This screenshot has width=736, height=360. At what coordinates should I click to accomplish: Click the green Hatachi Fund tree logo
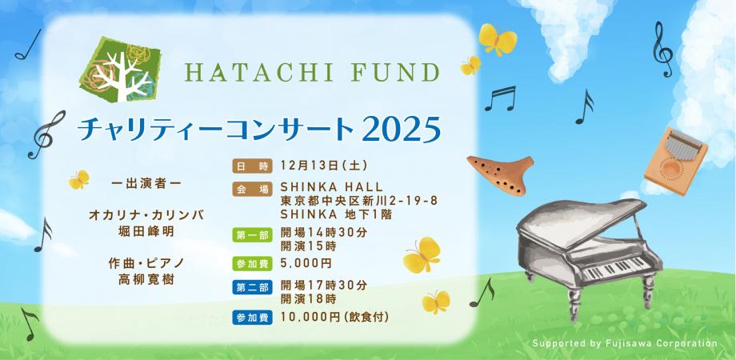(120, 70)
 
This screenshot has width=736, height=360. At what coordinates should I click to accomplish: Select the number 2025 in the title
(402, 129)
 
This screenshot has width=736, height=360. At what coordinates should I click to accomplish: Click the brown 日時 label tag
(252, 166)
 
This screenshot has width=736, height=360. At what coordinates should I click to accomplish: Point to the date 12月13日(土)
(323, 166)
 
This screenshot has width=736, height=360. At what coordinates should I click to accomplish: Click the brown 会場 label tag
(252, 190)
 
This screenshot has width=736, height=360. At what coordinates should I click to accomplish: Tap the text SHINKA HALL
(332, 188)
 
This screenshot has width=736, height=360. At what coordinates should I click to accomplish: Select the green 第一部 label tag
(252, 235)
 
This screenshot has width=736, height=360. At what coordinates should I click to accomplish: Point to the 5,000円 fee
(306, 263)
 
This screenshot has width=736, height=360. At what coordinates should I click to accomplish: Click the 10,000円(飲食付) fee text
(334, 318)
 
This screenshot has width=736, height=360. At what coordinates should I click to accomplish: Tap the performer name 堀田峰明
(146, 231)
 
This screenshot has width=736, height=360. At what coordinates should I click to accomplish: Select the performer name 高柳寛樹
(146, 280)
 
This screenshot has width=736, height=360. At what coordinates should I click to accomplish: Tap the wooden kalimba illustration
(676, 161)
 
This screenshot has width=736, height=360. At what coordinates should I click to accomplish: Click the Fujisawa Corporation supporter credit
(624, 343)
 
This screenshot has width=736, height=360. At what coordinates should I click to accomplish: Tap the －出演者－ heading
(146, 184)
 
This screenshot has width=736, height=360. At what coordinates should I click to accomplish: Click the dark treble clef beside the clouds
(662, 50)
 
